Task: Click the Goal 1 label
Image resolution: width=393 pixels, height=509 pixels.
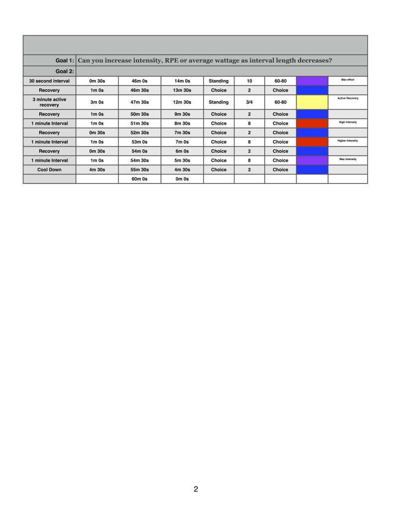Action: tap(65, 61)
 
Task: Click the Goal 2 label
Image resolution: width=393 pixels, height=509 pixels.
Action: tap(65, 71)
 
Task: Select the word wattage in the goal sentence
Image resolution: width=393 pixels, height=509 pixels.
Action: tap(222, 61)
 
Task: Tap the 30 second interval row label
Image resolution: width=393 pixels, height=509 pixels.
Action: tap(49, 81)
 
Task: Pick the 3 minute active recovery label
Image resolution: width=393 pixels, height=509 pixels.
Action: tap(49, 102)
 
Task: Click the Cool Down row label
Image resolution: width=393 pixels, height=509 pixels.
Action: tap(49, 170)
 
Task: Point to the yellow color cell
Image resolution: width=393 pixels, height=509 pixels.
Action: tap(312, 102)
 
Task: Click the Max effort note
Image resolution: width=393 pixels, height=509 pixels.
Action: tap(348, 80)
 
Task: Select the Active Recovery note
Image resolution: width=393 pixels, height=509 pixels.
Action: tap(348, 98)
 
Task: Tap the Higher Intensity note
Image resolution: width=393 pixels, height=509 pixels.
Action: tap(348, 141)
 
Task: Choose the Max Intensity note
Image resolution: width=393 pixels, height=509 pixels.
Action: tap(348, 159)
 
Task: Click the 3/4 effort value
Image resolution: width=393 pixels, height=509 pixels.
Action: tap(249, 102)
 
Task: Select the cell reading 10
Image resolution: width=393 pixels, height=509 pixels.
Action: tap(249, 81)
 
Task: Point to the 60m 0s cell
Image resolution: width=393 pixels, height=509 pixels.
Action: tap(140, 179)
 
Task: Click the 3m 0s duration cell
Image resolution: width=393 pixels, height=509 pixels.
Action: tap(97, 102)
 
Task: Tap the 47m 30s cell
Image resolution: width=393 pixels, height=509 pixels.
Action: tap(140, 102)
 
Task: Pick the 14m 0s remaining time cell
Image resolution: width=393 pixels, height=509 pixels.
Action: tap(182, 81)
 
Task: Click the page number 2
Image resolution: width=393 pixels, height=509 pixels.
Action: tap(196, 489)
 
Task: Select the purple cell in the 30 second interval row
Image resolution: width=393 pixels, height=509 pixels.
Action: tap(312, 81)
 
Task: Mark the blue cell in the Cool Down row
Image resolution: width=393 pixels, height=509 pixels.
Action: tap(312, 170)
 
